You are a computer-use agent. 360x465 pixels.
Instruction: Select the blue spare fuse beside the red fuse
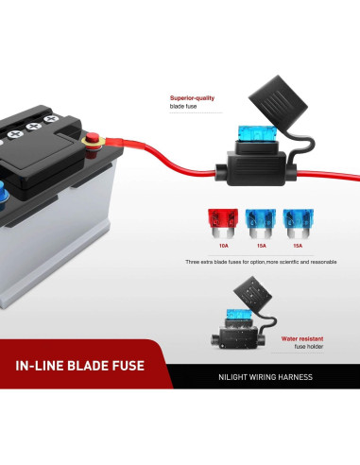(x=258, y=223)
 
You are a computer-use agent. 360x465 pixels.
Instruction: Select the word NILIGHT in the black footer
(x=231, y=377)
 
